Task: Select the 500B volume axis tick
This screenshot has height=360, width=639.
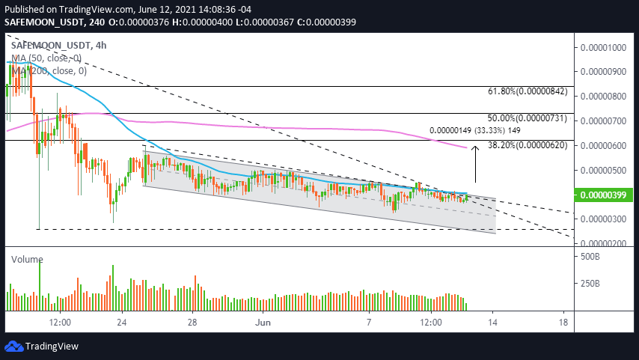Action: (591, 257)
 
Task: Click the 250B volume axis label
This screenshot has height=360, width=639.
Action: (591, 284)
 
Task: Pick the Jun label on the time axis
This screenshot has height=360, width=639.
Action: (263, 322)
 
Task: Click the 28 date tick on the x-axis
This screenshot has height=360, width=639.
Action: (192, 322)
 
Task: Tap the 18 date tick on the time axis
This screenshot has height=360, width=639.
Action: (563, 322)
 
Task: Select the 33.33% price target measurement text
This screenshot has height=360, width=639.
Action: (473, 129)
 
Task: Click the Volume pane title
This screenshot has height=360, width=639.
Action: (27, 259)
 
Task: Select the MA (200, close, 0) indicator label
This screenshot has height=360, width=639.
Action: (49, 71)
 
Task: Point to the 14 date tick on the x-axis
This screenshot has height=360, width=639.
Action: (493, 322)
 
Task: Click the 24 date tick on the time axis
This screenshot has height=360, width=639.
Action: (122, 322)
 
